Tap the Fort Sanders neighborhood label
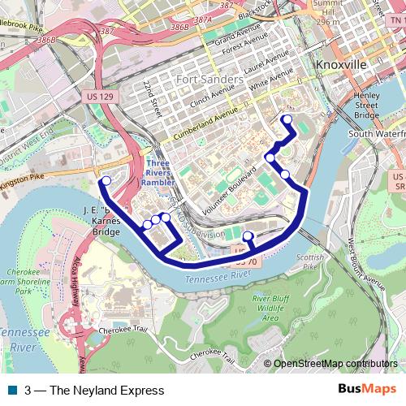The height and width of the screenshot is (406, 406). click(209, 80)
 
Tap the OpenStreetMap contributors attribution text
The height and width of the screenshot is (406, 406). click(335, 363)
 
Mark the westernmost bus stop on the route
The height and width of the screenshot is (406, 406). click(105, 181)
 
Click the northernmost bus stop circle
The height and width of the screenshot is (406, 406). click(287, 119)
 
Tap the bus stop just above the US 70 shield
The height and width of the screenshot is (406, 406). click(248, 237)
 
